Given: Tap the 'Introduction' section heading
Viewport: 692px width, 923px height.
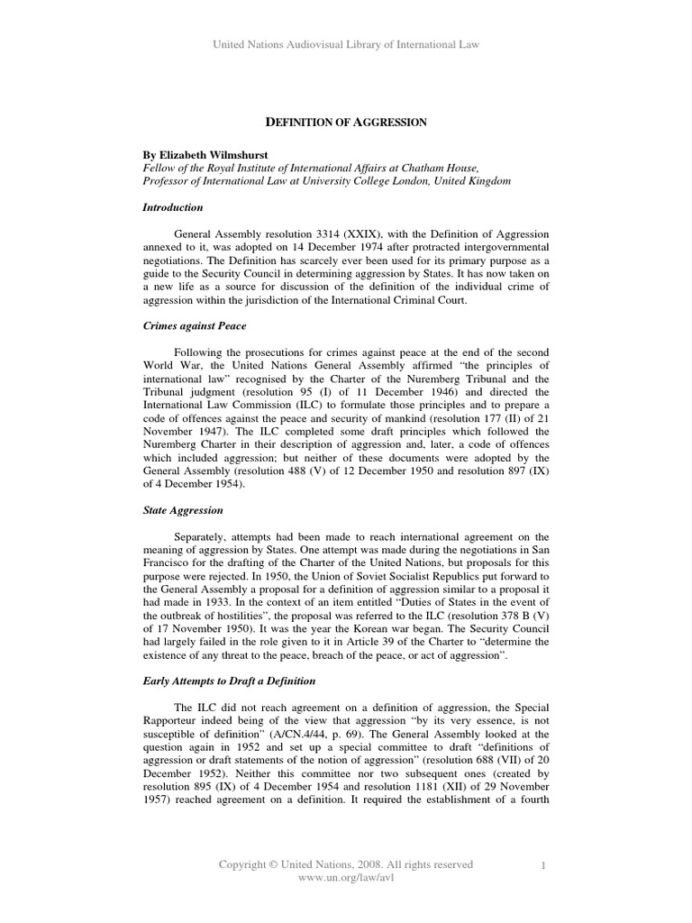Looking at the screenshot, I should pyautogui.click(x=173, y=207).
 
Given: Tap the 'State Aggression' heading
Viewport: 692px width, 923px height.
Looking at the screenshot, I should pyautogui.click(x=183, y=510).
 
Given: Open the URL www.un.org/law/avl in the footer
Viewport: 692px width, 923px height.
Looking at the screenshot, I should pyautogui.click(x=346, y=878).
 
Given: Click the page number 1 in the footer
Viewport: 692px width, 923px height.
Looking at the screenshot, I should pyautogui.click(x=544, y=865).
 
